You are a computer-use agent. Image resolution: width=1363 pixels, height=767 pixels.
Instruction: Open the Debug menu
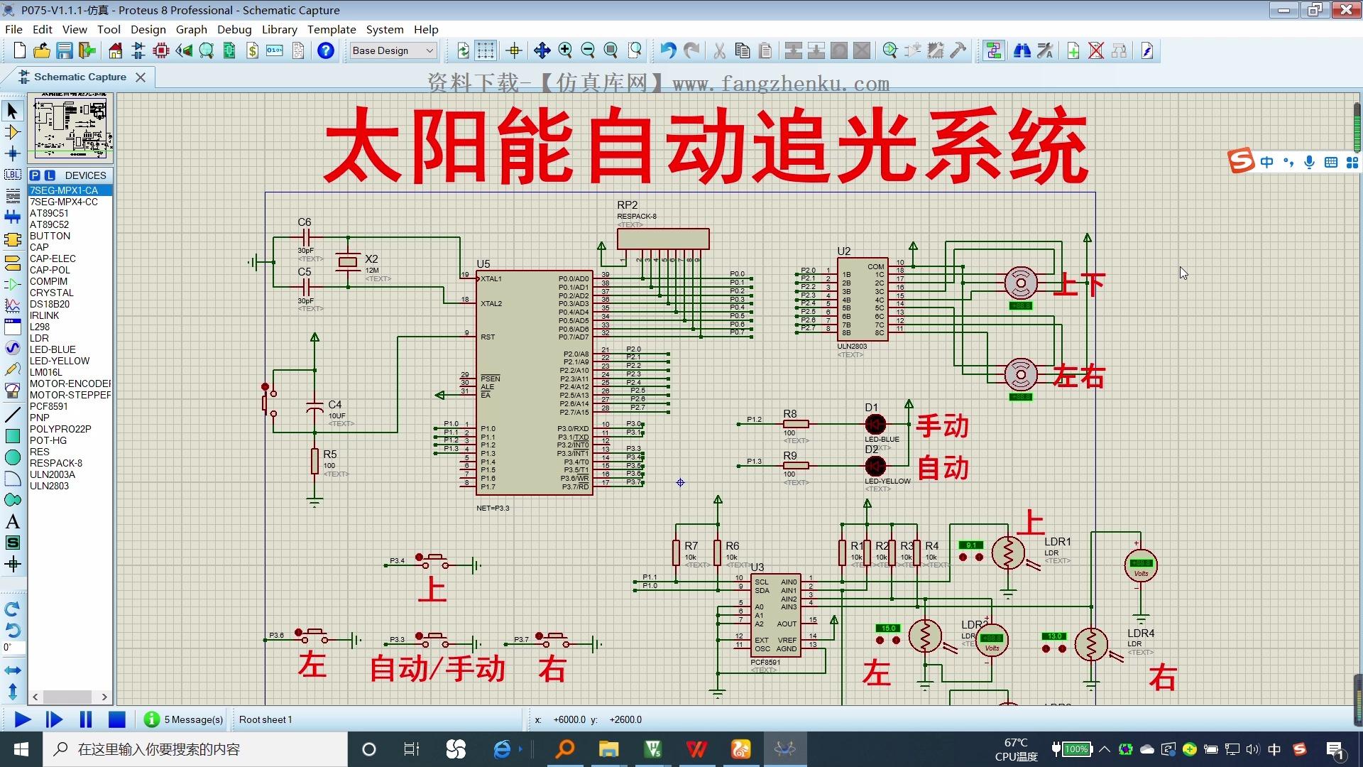point(234,29)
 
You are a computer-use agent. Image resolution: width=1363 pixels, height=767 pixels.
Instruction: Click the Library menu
point(279,29)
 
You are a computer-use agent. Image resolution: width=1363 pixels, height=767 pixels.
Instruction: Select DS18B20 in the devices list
point(50,304)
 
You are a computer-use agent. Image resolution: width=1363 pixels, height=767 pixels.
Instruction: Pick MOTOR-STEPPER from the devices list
point(70,395)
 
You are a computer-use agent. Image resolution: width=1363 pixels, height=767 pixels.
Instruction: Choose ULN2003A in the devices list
point(53,474)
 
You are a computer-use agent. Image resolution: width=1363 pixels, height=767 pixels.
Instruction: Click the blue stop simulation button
point(117,719)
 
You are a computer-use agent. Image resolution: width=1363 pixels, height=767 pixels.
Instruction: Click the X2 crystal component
point(348,263)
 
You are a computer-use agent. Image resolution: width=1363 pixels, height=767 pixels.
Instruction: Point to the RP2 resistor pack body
point(663,239)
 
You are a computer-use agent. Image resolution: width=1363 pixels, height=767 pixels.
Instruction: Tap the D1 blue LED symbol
point(875,424)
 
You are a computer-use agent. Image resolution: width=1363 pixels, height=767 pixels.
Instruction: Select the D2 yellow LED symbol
point(875,466)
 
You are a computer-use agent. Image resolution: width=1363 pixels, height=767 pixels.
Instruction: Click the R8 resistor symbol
point(795,424)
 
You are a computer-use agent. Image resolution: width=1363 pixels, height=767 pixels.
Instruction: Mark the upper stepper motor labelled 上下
point(1021,283)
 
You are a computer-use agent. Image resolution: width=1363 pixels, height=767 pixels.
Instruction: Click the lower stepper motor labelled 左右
point(1021,374)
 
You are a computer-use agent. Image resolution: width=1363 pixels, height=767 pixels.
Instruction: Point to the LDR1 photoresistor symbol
point(1008,553)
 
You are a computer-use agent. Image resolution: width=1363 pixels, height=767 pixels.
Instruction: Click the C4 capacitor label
point(334,405)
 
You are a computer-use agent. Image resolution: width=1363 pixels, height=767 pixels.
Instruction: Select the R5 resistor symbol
point(314,461)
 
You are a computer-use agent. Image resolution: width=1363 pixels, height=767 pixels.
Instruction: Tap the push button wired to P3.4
point(432,561)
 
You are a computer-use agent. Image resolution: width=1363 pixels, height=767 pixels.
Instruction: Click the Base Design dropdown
point(393,50)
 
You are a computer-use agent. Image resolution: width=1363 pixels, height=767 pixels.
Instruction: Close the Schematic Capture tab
point(141,77)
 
